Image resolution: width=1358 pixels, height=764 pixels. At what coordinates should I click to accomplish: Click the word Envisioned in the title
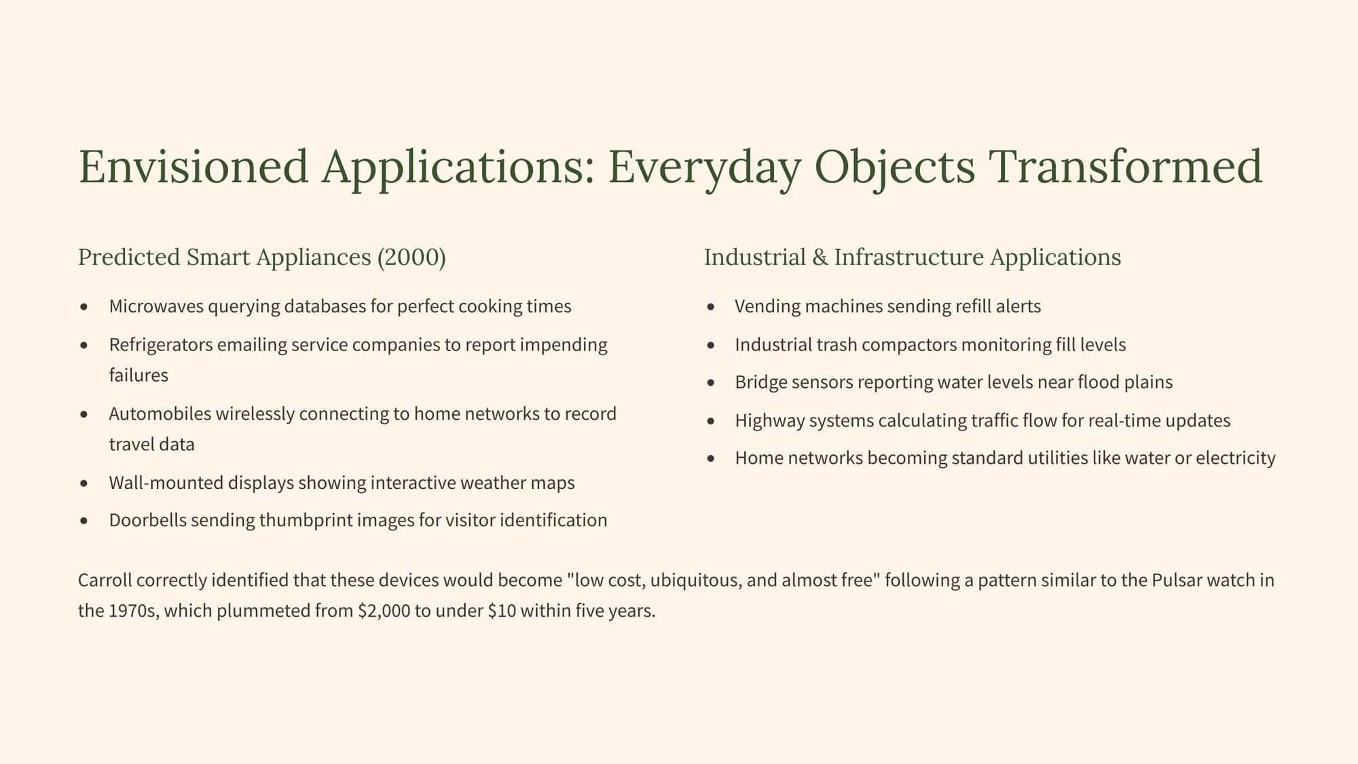[194, 166]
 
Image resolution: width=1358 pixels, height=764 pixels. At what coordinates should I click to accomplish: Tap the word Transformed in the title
[1124, 166]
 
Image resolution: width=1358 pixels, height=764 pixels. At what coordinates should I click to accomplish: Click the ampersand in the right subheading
[820, 257]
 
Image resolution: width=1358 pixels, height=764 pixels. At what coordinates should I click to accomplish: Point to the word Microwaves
[156, 306]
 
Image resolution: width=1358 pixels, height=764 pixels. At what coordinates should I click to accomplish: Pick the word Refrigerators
[161, 345]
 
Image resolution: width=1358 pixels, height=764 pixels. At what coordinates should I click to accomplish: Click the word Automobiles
[160, 414]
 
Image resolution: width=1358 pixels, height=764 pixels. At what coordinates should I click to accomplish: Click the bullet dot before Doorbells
[84, 521]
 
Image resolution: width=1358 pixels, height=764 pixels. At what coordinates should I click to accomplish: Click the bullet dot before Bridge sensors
[711, 383]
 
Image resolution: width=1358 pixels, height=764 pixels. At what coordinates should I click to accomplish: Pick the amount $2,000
[384, 611]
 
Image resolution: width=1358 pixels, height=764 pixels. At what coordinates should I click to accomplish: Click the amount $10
[501, 611]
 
